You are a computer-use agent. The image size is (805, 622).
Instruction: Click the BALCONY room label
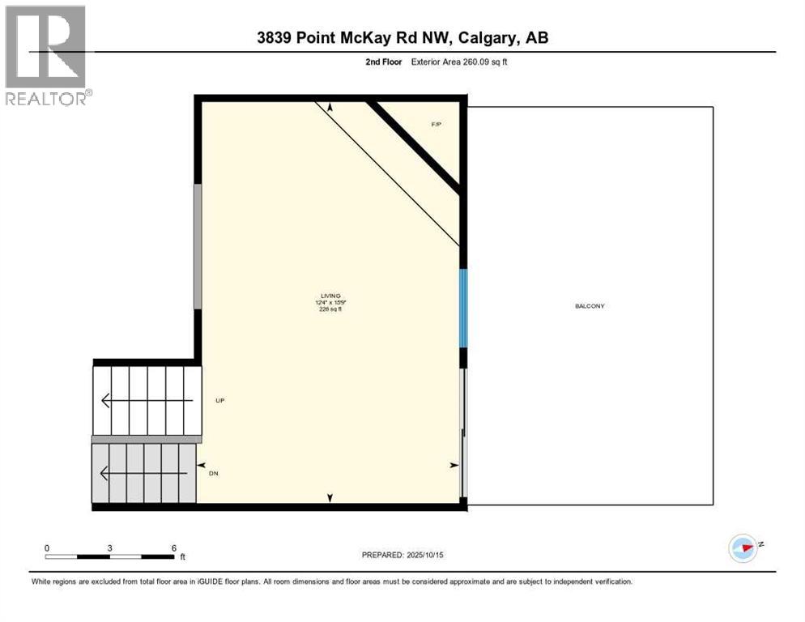[590, 306]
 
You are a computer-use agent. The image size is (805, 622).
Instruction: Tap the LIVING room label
[330, 296]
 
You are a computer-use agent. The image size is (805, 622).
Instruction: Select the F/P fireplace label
[436, 124]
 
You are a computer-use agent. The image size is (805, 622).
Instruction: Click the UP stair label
[219, 401]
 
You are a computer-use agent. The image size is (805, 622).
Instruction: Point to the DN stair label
[214, 474]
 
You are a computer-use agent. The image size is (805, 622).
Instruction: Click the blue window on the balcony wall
[463, 309]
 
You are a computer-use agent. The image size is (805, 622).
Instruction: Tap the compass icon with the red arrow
[743, 548]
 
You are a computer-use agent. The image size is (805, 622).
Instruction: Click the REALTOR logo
[46, 55]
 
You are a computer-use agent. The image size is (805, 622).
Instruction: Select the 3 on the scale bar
[109, 548]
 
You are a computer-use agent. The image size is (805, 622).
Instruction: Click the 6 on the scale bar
[174, 548]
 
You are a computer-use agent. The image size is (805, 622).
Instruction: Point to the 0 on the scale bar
[47, 548]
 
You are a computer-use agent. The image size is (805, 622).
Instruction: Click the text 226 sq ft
[330, 309]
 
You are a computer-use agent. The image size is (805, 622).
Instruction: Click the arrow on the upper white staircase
[146, 400]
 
